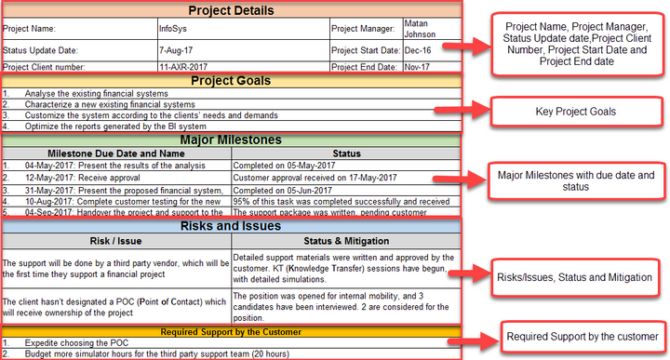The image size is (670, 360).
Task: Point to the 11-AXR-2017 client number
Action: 184,67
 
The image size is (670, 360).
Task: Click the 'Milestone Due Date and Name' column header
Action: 116,153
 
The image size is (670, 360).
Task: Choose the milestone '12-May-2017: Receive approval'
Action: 85,178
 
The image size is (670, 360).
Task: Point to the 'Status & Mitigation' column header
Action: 345,241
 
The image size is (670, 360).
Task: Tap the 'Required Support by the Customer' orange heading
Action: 231,331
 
